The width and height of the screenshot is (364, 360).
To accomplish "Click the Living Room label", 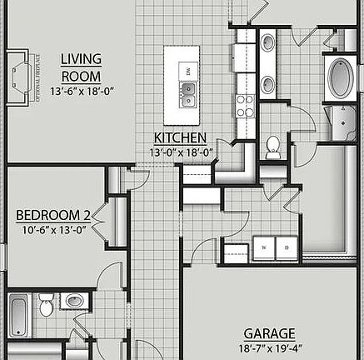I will [x=81, y=67].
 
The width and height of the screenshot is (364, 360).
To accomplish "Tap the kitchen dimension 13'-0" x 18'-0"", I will [x=182, y=153].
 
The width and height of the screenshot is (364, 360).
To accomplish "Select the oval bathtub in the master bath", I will [x=341, y=78].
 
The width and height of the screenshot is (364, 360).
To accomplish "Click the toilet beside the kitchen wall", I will [x=272, y=147].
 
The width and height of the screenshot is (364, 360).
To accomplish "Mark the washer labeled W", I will [x=266, y=247].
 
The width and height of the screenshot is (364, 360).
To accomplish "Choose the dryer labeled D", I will [x=287, y=247].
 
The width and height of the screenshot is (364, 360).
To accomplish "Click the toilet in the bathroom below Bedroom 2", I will [x=46, y=307].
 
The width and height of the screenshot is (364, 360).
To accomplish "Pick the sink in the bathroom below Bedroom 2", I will [x=73, y=300].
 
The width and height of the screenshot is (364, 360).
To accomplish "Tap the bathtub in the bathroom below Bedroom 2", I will [x=19, y=314].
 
